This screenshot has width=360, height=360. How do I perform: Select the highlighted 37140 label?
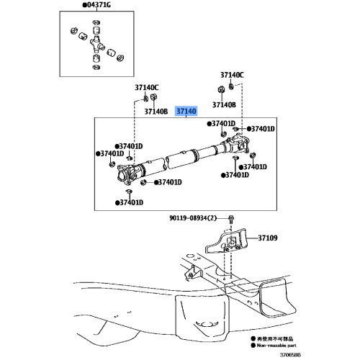[x=186, y=112]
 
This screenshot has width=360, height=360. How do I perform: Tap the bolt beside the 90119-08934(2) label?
[x=230, y=219]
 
